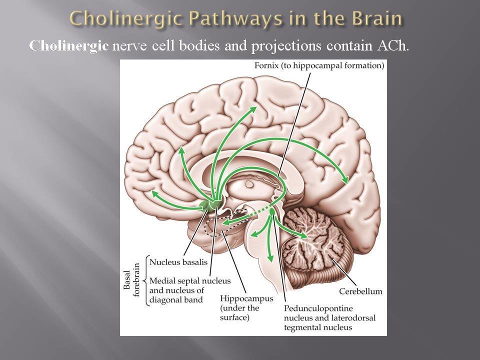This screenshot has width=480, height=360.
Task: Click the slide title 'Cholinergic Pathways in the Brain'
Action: pos(236,18)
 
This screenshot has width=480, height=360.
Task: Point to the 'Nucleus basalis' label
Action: pos(178,261)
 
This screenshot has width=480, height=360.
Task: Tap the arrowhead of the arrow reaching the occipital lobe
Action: pos(346,181)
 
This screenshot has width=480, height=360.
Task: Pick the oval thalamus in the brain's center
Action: pos(249,184)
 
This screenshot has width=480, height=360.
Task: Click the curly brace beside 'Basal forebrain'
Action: pos(145,280)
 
